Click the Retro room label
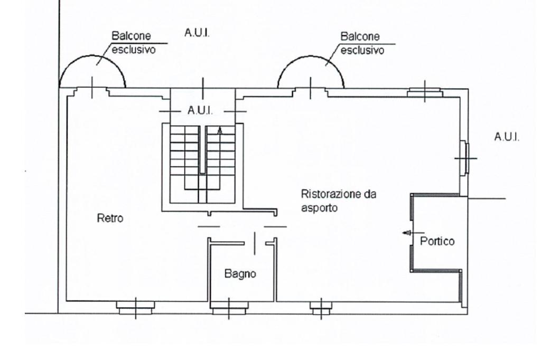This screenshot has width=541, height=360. point(110,218)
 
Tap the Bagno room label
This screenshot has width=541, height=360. point(239,274)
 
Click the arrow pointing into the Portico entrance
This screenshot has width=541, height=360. point(408,232)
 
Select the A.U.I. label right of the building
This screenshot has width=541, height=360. point(507,137)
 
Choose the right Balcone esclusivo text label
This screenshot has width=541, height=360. point(361,44)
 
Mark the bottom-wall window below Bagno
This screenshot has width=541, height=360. point(229,307)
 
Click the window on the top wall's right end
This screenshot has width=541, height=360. point(424,93)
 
